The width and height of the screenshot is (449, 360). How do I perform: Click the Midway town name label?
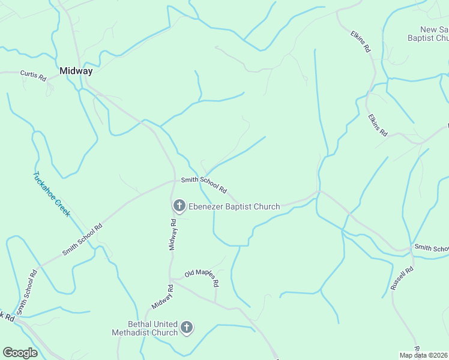(76, 71)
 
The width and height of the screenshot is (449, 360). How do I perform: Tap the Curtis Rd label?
(33, 76)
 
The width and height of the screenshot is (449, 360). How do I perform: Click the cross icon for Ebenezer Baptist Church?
(179, 206)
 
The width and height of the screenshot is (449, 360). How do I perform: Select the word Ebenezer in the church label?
(208, 207)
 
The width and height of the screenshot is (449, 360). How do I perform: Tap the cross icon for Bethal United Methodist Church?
(187, 328)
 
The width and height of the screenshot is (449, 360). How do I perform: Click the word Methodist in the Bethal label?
(145, 332)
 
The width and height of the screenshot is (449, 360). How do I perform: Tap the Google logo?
(20, 353)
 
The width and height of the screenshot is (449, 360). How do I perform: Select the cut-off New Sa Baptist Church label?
(425, 34)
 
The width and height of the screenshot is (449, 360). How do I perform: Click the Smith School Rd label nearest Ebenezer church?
(204, 185)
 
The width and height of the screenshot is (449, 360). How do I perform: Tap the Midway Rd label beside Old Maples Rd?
(162, 297)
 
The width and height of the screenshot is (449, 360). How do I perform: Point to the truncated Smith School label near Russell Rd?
(431, 248)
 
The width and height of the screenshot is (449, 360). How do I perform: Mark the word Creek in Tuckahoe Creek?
(62, 208)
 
